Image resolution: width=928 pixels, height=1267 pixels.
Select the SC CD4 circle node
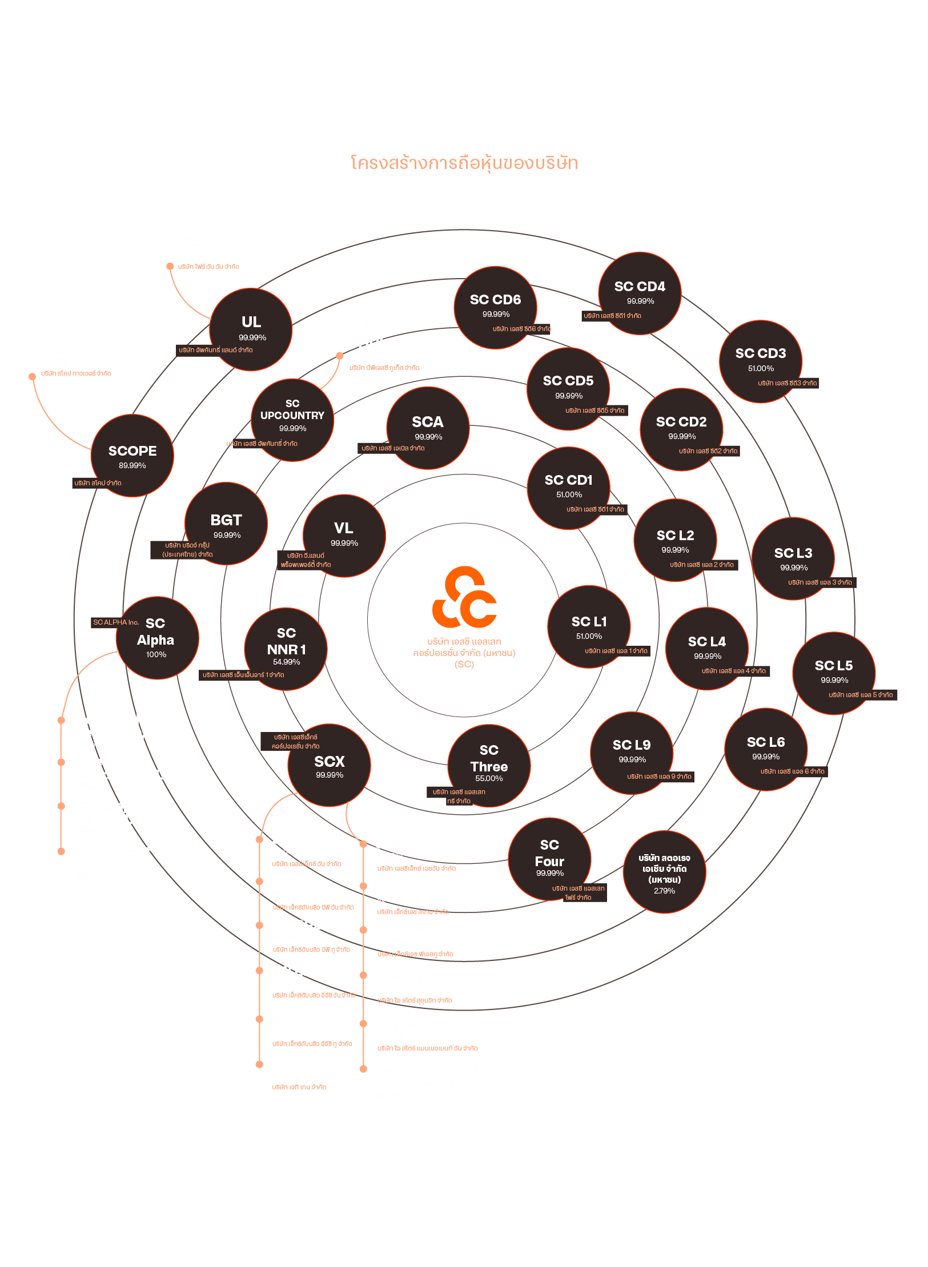640,293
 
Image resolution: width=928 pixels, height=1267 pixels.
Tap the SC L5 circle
834,673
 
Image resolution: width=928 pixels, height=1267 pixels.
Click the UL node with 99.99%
251,329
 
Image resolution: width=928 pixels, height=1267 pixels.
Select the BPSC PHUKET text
377,335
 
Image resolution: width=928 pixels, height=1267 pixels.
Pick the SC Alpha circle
157,638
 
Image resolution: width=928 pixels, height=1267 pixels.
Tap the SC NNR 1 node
286,649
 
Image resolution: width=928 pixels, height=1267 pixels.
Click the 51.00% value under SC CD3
761,368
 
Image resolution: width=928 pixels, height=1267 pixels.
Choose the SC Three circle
489,765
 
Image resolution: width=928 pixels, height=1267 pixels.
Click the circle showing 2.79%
664,872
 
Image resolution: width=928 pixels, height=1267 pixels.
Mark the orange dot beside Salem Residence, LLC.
61,762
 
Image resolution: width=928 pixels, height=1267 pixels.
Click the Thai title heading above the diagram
464,163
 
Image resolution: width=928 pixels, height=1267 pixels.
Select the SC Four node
549,859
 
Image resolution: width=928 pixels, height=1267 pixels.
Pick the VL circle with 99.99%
344,535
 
